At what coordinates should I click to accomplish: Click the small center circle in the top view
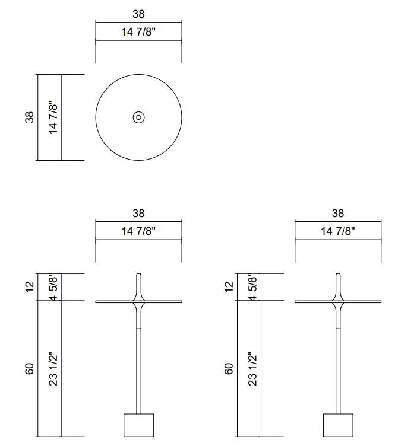pos(138,117)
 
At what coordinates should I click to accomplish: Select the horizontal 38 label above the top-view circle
pos(138,14)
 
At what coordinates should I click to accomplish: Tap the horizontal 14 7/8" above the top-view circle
pos(138,32)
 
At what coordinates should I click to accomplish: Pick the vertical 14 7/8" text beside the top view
pos(53,117)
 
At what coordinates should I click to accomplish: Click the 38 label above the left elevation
pos(138,213)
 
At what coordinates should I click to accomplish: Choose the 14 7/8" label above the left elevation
pos(138,231)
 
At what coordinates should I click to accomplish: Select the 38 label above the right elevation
pos(338,213)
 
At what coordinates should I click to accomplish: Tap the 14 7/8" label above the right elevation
pos(338,231)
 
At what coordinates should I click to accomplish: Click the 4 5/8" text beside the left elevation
pos(53,287)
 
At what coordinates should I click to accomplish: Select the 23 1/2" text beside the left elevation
pos(53,368)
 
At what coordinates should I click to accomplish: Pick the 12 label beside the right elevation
pos(229,286)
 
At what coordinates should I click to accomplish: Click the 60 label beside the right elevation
pos(229,368)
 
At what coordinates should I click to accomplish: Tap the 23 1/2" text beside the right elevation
pos(252,368)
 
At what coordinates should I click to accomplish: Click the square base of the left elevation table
pos(138,425)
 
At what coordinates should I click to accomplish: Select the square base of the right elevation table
pos(338,425)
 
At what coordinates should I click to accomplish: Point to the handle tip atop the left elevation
pos(138,276)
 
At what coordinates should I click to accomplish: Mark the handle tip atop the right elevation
pos(338,276)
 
